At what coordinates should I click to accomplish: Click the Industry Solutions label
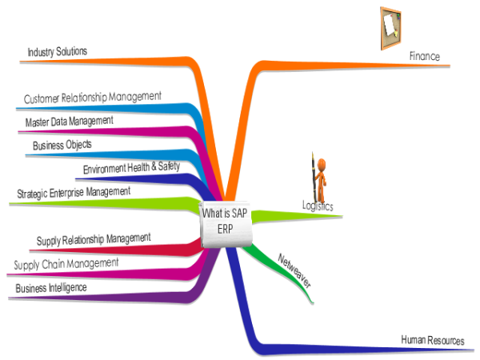[58, 52]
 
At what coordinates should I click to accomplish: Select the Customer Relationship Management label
[93, 98]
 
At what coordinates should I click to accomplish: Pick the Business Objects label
[62, 146]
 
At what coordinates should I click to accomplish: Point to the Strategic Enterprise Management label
[74, 193]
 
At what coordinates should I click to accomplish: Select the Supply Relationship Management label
[94, 238]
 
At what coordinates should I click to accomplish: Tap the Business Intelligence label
[51, 286]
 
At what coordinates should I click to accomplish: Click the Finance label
[425, 57]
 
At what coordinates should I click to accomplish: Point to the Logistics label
[318, 206]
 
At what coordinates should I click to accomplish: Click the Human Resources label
[432, 341]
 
